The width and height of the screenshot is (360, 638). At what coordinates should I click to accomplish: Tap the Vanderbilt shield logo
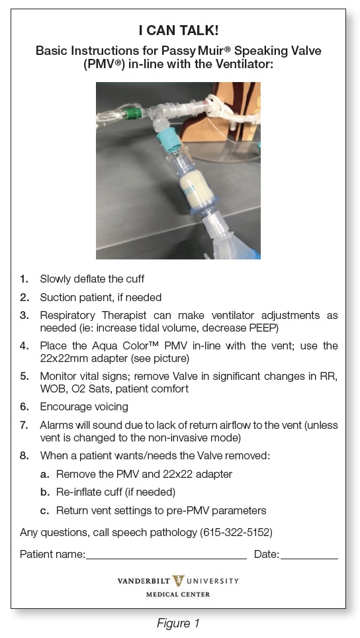point(178,581)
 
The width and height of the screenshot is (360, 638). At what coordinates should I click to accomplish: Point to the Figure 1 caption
point(178,623)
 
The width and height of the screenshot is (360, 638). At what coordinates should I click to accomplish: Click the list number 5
point(24,376)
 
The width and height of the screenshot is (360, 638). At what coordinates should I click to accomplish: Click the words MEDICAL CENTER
point(178,594)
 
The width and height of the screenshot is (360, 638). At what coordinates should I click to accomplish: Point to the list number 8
point(24,455)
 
